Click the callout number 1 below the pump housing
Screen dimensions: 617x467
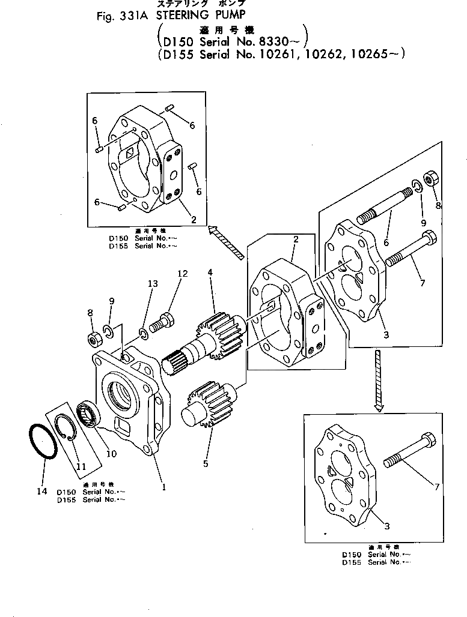pos(163,487)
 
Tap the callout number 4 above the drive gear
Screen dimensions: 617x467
pos(210,272)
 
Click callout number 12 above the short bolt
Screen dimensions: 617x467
pos(182,274)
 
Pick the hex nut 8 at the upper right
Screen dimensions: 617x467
pos(430,178)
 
